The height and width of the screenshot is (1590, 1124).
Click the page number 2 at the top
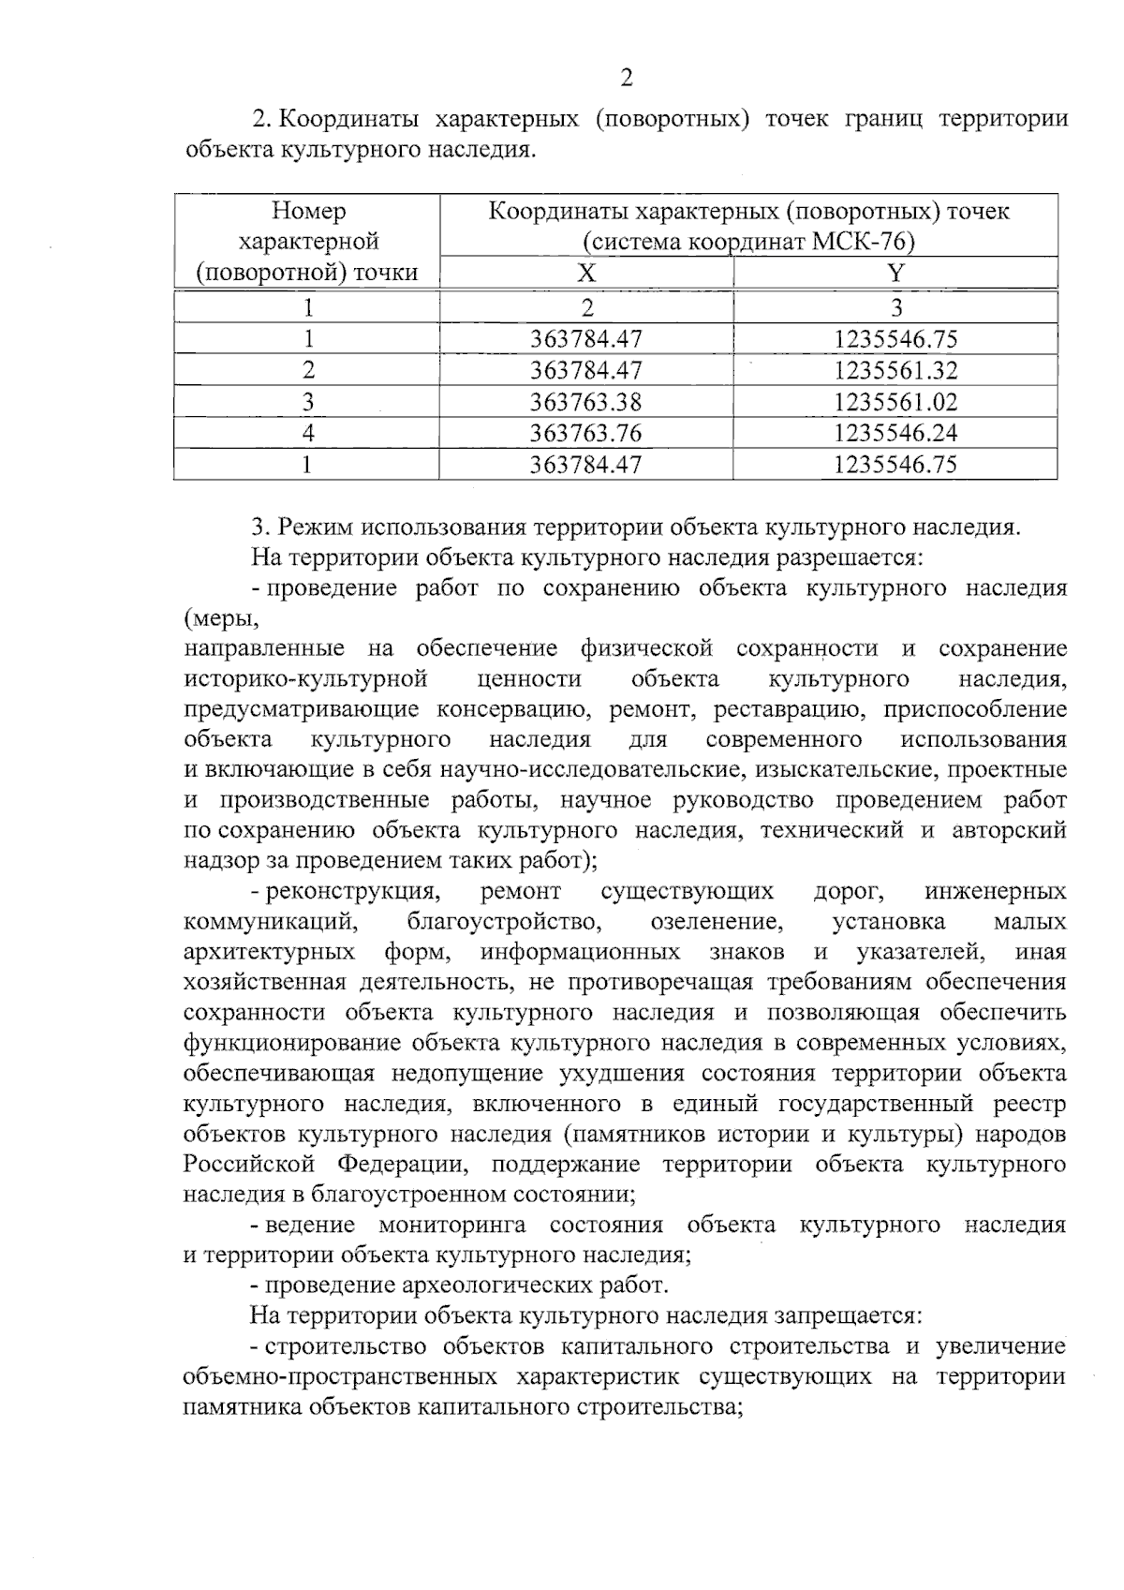click(627, 79)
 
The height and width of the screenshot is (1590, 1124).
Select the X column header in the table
click(586, 273)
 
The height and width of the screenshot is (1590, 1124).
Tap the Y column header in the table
click(896, 273)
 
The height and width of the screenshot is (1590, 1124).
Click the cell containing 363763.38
click(586, 402)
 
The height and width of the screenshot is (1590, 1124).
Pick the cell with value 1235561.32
click(896, 370)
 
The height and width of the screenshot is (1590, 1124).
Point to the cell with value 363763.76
click(586, 433)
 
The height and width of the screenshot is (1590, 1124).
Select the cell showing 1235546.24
click(896, 433)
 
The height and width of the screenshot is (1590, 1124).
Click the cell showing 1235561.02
click(896, 402)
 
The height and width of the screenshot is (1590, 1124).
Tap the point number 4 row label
click(307, 433)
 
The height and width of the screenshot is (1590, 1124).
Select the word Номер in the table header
click(308, 211)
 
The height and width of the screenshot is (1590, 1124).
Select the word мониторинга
click(451, 1225)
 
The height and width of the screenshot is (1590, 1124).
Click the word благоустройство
click(504, 922)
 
